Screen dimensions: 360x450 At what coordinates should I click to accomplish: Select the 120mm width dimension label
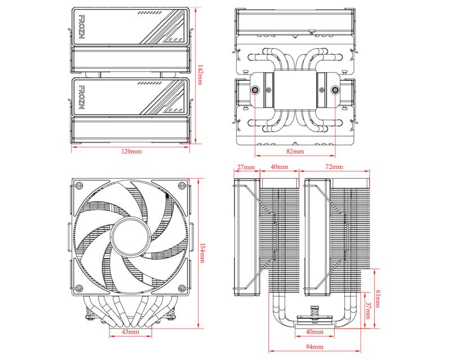(x=132, y=152)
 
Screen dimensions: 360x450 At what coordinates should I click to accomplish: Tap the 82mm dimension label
(x=295, y=152)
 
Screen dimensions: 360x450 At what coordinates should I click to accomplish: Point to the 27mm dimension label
(x=246, y=168)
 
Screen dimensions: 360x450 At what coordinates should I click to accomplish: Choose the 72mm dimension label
(x=334, y=168)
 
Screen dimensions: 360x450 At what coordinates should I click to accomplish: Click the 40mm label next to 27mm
(x=280, y=168)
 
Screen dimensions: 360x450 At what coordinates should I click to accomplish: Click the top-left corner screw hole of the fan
(x=79, y=186)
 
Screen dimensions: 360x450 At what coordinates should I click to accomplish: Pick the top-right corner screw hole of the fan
(x=181, y=186)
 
